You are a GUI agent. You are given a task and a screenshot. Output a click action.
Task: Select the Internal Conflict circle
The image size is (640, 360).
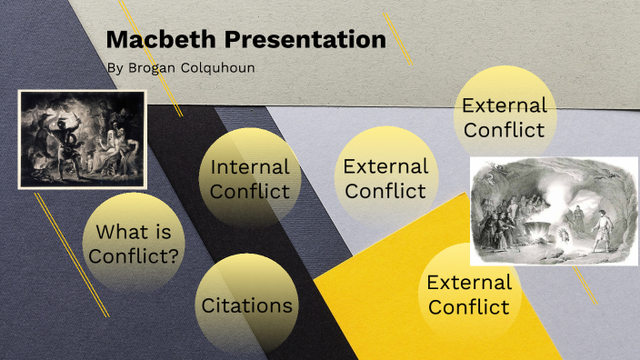pos(249,178)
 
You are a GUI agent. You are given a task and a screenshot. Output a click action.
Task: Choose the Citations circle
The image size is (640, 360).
pos(247,305)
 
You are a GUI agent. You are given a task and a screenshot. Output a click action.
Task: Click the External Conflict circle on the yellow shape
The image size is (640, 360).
pos(468,294)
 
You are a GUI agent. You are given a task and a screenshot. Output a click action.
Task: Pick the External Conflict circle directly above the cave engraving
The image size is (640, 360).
pos(504,116)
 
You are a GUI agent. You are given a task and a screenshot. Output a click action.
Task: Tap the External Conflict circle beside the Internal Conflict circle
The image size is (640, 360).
pos(385,177)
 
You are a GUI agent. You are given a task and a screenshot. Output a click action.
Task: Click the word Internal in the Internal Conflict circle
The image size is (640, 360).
pos(249,167)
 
